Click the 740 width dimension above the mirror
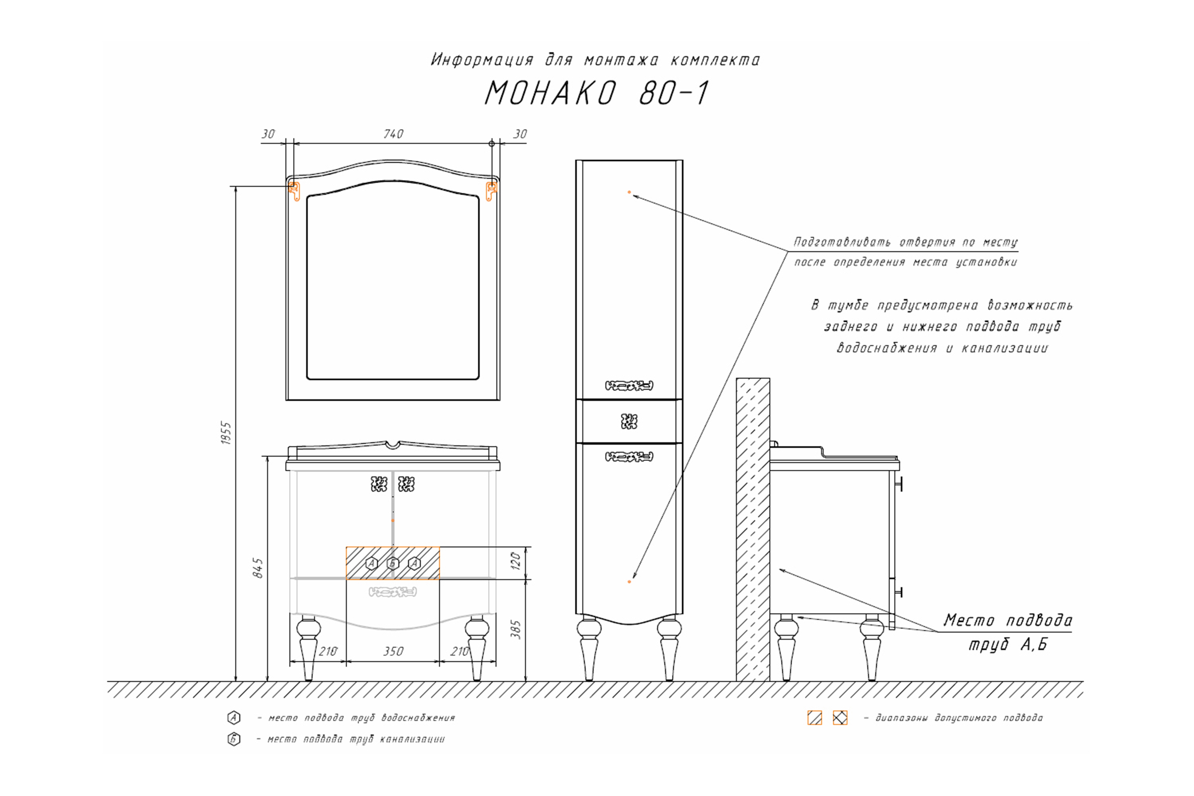(x=393, y=134)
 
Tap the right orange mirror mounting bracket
(x=491, y=191)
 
